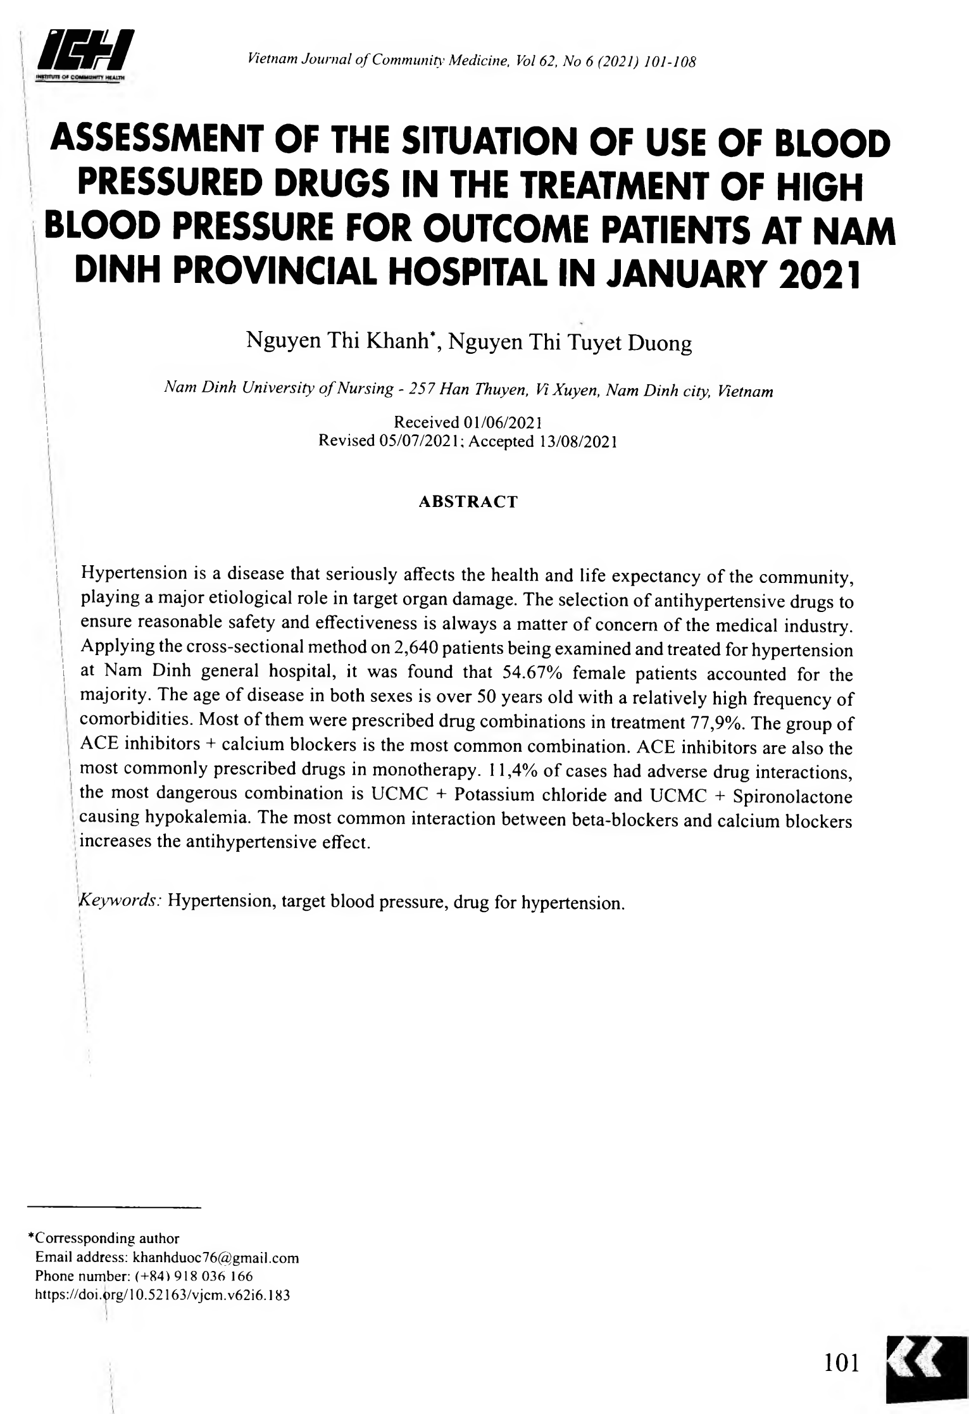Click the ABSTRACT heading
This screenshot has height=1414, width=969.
coord(468,502)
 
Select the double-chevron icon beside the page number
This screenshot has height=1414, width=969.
coord(927,1361)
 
